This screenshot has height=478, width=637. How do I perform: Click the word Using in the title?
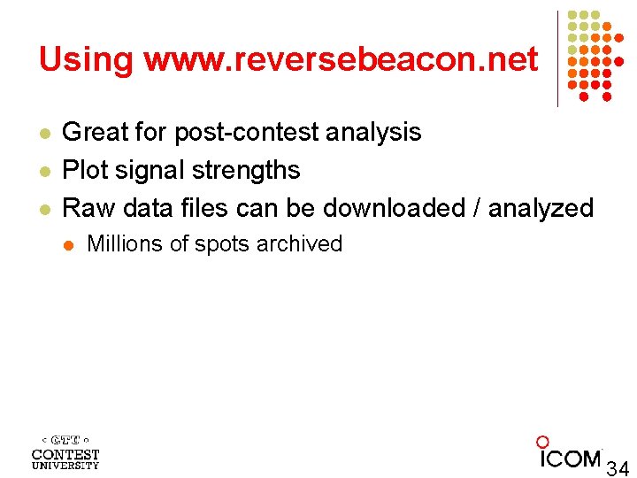point(85,60)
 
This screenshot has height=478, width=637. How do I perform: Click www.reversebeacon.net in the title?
point(340,60)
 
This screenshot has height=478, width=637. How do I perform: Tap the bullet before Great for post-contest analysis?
point(43,133)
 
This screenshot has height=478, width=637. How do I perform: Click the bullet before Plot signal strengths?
point(43,171)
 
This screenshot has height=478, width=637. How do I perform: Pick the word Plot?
point(83,170)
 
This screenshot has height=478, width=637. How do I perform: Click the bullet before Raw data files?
point(43,209)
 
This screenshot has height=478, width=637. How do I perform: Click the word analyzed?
point(541,208)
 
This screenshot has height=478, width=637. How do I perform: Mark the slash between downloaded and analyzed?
point(478,208)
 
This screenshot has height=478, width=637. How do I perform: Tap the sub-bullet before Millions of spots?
point(70,245)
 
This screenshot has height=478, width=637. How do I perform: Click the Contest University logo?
point(65,451)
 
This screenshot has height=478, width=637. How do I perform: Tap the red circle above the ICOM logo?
point(542,442)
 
